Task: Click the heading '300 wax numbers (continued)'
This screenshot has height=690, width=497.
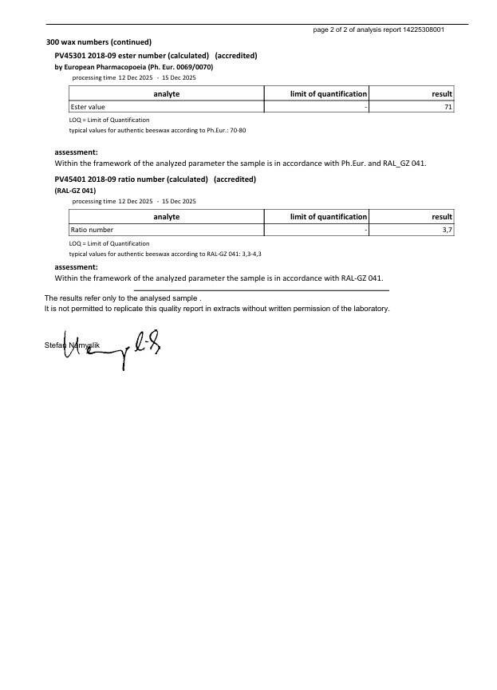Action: click(x=99, y=42)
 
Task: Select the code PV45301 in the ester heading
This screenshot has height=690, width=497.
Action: click(x=69, y=56)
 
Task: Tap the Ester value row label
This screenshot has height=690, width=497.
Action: click(x=88, y=107)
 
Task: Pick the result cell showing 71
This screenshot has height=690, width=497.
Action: click(x=448, y=107)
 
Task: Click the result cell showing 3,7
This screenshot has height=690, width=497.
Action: click(x=448, y=230)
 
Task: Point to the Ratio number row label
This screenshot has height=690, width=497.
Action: click(x=92, y=230)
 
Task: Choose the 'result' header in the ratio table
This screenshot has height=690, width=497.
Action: click(x=441, y=217)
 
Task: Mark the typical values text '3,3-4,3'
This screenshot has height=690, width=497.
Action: click(x=250, y=254)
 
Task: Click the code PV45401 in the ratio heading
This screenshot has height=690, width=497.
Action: click(x=69, y=179)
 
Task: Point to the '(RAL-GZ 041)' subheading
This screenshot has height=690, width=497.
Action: click(x=75, y=191)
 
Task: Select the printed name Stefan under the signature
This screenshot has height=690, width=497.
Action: click(x=54, y=345)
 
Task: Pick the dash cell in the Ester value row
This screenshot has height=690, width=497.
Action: click(x=365, y=107)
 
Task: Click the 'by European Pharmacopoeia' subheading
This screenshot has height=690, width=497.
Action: click(x=133, y=67)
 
